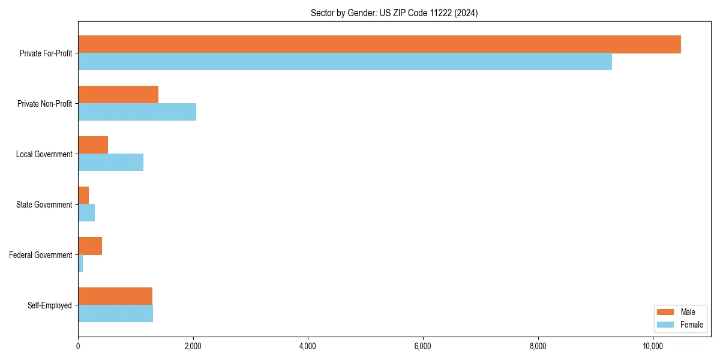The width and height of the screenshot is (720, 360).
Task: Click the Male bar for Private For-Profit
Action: click(x=379, y=44)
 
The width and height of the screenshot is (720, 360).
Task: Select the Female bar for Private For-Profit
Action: click(x=345, y=62)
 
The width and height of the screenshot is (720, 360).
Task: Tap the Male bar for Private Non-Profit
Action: click(x=118, y=95)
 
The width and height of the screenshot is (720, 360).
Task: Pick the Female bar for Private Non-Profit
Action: click(x=137, y=112)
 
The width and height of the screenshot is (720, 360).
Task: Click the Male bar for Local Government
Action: click(x=93, y=145)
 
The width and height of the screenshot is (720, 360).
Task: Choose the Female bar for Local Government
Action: click(x=110, y=163)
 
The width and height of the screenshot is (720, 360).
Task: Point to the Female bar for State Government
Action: click(x=86, y=213)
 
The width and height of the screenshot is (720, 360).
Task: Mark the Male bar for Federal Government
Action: click(x=90, y=246)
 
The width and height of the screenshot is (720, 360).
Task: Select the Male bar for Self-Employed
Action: click(x=115, y=296)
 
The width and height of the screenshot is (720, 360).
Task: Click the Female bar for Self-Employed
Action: click(x=115, y=314)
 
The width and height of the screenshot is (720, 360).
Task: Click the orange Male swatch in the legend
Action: click(x=666, y=312)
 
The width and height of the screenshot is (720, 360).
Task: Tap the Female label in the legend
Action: click(x=691, y=325)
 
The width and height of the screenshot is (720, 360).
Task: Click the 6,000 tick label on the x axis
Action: click(x=423, y=346)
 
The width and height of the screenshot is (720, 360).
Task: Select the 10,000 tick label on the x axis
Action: click(x=653, y=346)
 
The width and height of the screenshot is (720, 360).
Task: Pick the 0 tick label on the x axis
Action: click(x=78, y=346)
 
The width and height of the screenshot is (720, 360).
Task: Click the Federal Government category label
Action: click(x=41, y=255)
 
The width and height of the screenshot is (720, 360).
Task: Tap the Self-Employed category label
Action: click(x=50, y=305)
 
